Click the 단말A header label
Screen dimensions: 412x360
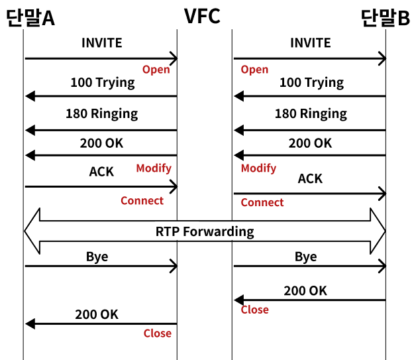30,18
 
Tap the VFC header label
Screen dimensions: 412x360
202,16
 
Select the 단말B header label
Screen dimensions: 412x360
386,18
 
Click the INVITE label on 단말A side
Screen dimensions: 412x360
102,43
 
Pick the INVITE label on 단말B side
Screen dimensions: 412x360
311,43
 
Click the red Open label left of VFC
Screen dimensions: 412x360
156,70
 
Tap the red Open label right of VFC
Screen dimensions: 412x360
254,70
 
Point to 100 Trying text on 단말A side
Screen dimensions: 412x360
103,83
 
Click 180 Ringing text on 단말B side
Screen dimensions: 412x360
311,114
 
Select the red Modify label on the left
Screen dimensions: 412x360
154,168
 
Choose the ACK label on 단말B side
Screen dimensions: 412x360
310,179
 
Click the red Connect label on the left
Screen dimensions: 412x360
142,201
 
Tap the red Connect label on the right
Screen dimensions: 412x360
262,202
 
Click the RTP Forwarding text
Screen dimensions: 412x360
205,232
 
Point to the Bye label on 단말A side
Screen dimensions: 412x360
97,257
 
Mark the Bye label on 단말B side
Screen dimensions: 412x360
306,257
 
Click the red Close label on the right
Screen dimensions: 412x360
255,310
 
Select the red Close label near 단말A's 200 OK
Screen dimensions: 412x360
158,333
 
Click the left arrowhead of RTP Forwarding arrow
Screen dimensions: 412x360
25,231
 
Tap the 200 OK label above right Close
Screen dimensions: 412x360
305,291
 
